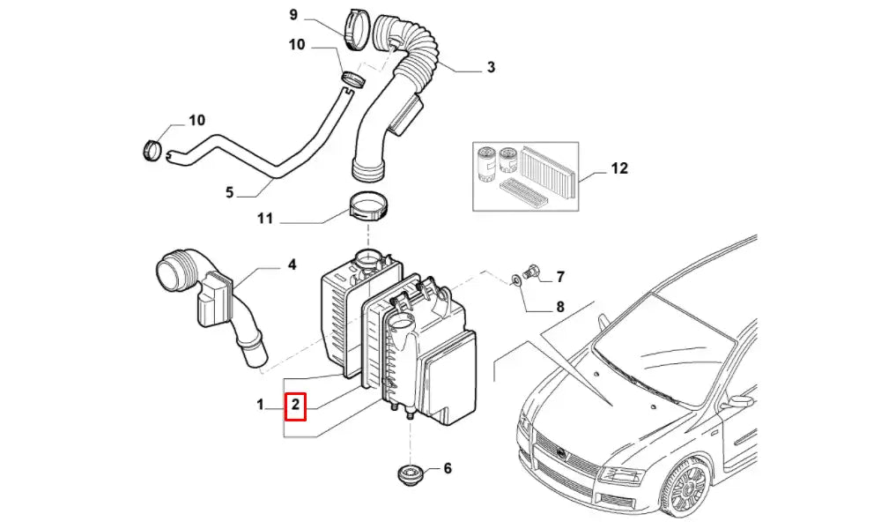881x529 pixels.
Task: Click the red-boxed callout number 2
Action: point(296,405)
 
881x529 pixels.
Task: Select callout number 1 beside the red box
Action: point(261,405)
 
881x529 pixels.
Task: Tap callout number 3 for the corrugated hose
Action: point(491,67)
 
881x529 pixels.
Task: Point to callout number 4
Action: point(292,264)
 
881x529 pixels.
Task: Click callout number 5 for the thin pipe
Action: point(229,192)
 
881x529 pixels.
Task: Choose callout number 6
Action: point(447,468)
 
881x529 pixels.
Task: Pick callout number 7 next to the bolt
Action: point(559,278)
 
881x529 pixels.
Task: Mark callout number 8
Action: point(559,308)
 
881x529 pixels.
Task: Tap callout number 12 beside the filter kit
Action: point(619,168)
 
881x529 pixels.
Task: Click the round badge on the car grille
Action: point(559,451)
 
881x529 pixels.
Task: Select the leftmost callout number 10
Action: point(196,120)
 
